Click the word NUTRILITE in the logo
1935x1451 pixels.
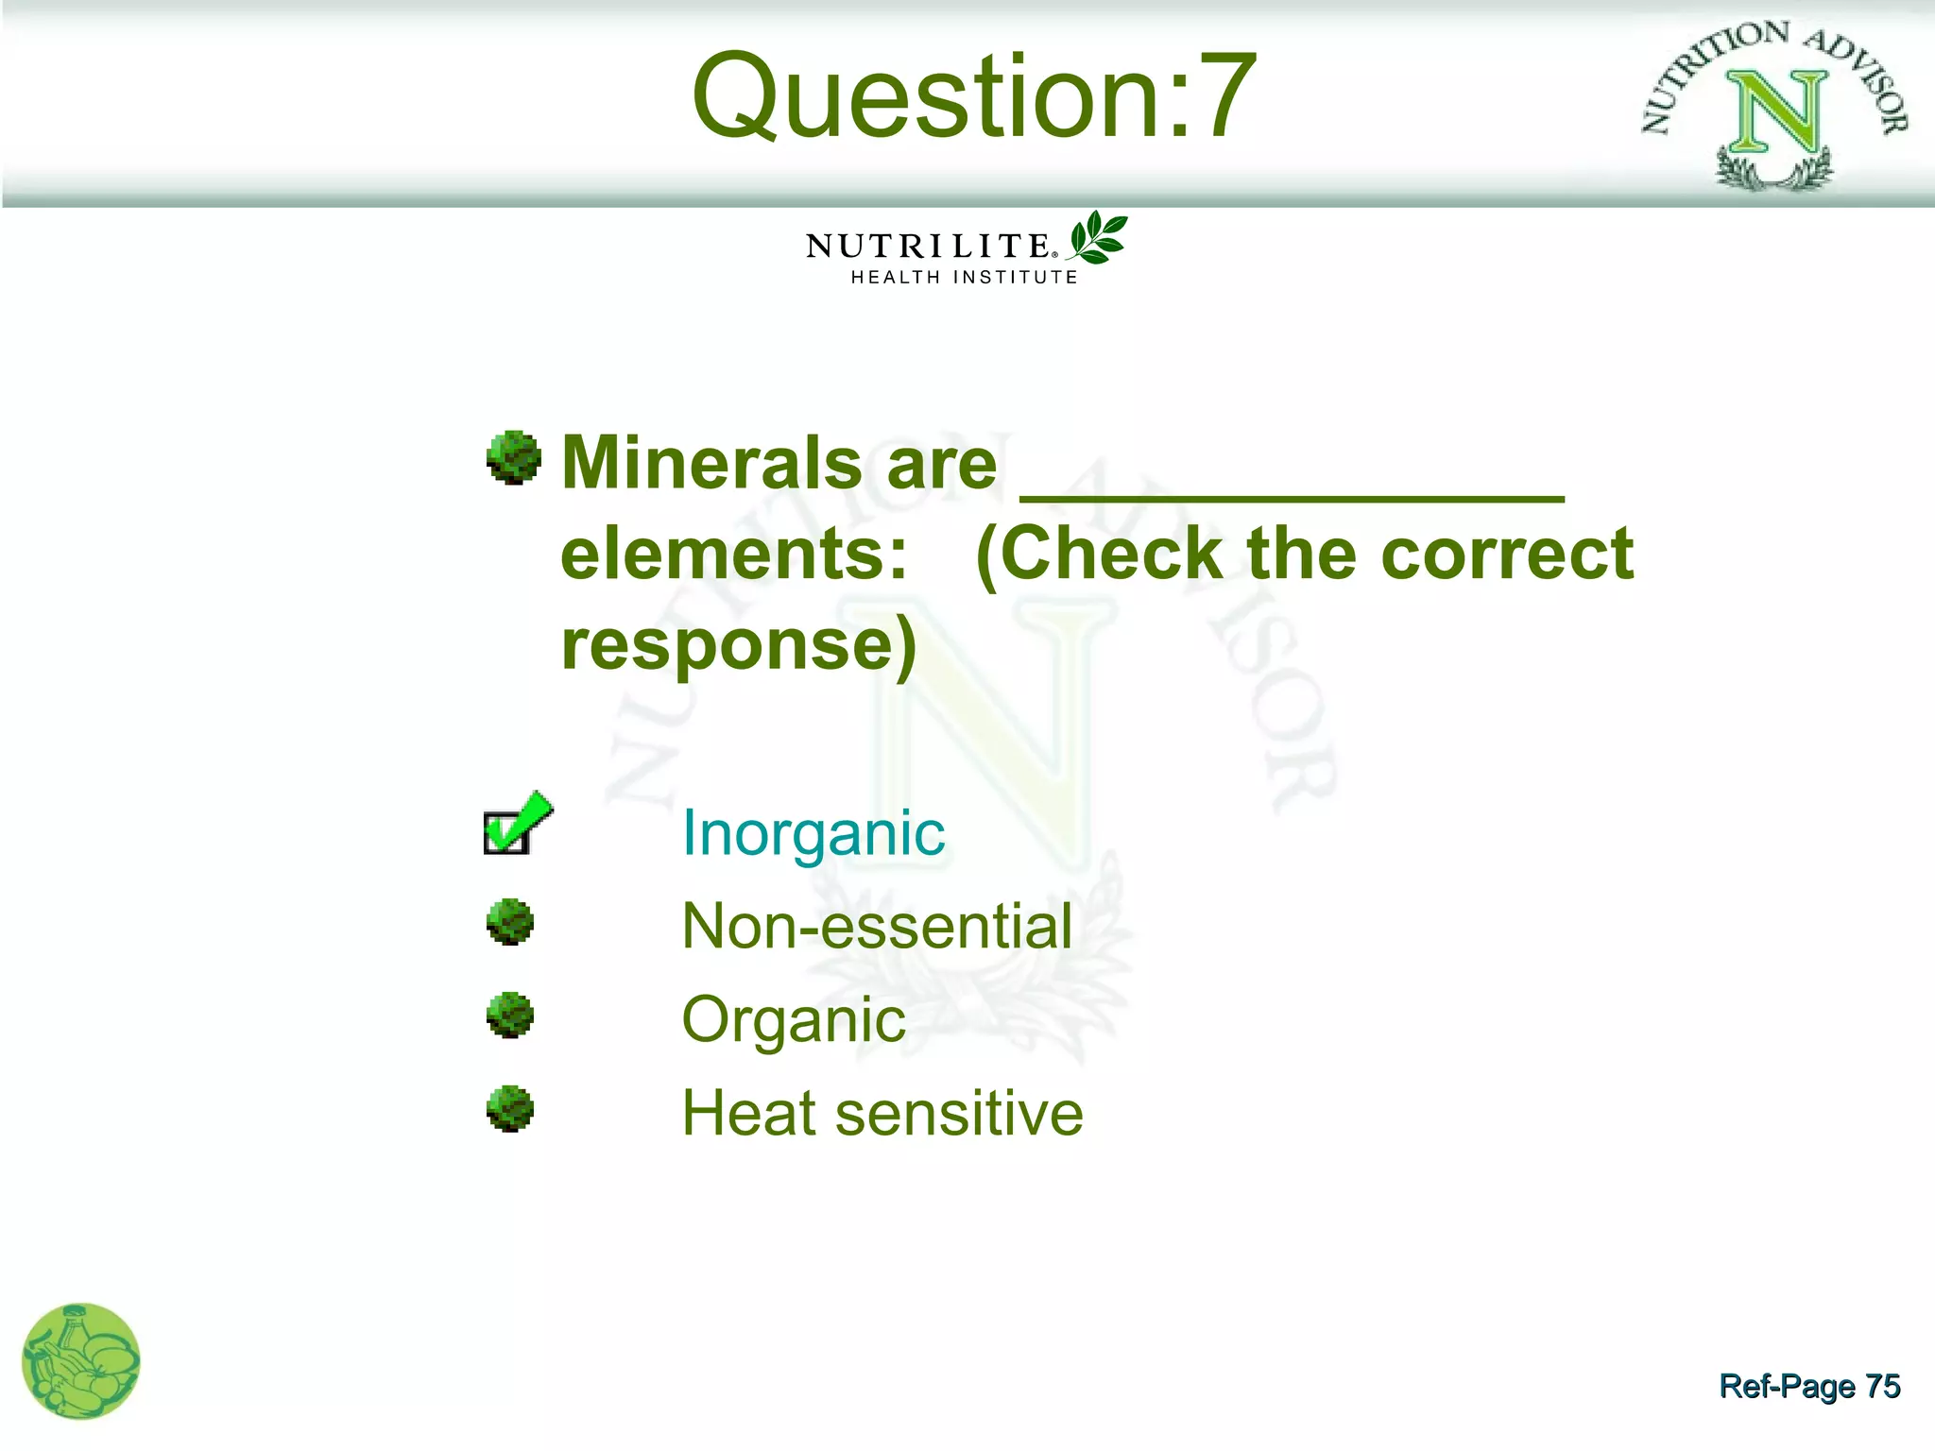tap(928, 246)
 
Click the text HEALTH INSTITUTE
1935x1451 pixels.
tap(964, 278)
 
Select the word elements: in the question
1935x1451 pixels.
tap(734, 554)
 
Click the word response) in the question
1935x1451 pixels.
tap(739, 644)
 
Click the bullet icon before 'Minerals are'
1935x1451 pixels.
tap(513, 458)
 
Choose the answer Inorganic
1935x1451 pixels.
tap(813, 833)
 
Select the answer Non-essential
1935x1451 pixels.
tap(877, 926)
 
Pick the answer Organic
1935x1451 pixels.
tap(793, 1019)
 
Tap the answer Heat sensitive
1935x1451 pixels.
tap(882, 1113)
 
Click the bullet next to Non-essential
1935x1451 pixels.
tap(510, 922)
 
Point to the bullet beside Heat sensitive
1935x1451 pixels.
tap(510, 1109)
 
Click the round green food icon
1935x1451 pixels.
tap(81, 1360)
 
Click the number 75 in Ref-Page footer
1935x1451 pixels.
tap(1882, 1386)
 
